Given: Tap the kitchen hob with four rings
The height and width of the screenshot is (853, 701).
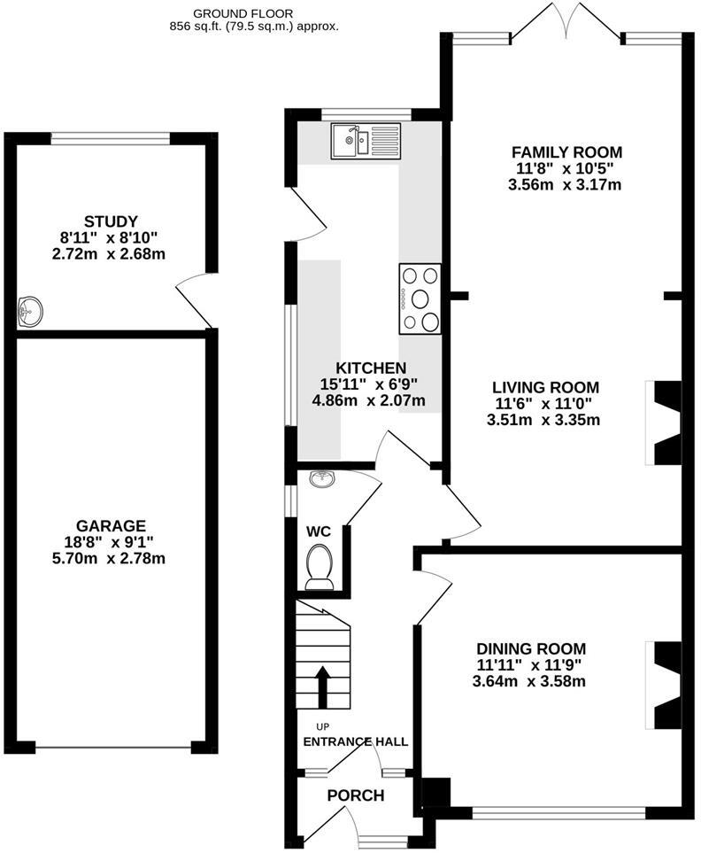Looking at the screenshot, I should point(420,299).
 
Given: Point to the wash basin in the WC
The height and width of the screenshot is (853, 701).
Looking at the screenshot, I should point(320,480).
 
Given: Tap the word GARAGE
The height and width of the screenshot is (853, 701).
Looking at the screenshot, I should point(111,526).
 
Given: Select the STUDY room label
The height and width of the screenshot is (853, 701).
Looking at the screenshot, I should point(112,221).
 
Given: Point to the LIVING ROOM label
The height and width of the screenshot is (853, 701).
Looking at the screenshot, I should point(545,387).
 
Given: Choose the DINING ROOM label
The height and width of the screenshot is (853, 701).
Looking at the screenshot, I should point(531,649).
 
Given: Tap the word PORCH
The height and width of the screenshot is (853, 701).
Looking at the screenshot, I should point(356,795).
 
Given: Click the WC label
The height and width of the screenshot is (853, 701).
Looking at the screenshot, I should point(319,531).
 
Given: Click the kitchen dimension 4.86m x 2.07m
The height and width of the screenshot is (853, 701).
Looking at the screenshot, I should point(371,400).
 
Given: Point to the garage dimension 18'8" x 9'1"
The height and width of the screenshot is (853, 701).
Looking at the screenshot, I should point(111,542).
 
